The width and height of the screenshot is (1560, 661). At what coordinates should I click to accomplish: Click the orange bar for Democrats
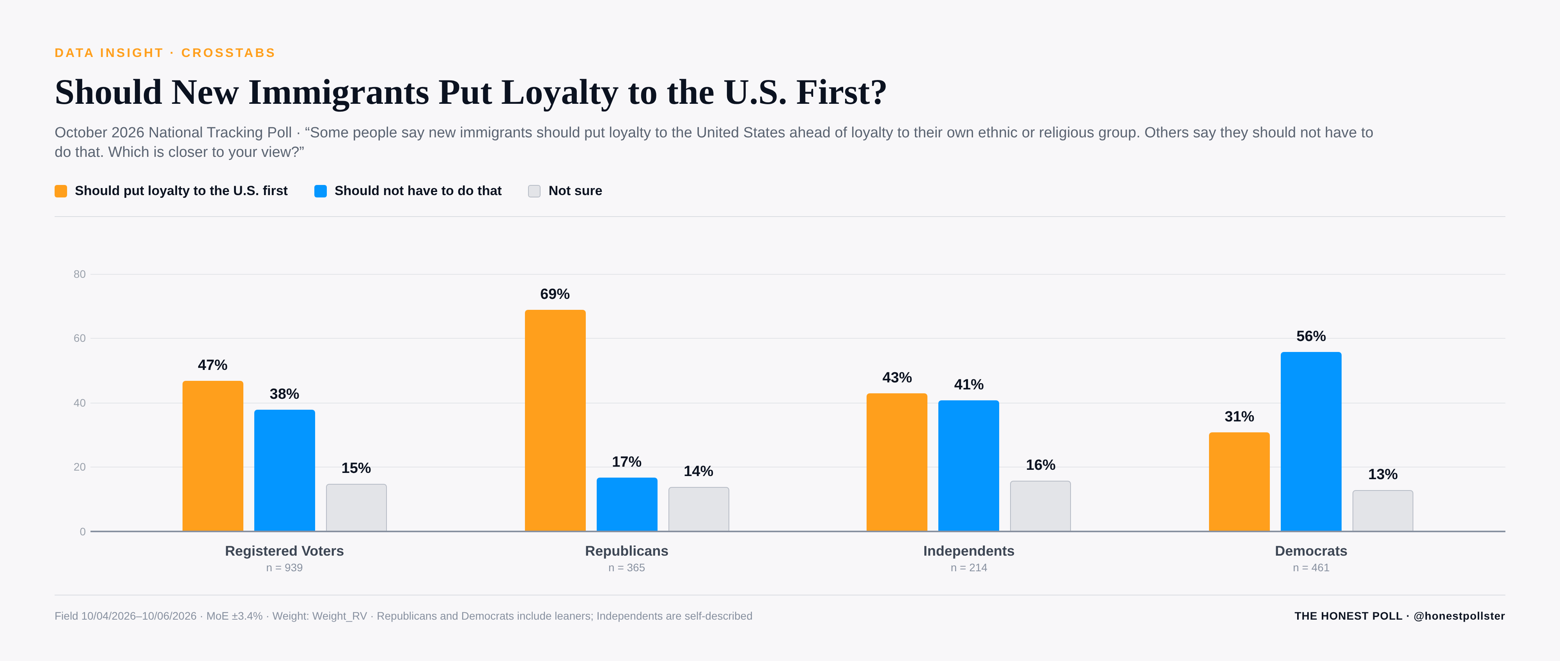[x=1239, y=482]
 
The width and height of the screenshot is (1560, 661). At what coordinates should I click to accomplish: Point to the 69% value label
[x=555, y=294]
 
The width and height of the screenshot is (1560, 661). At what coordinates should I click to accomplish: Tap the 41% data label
[x=968, y=385]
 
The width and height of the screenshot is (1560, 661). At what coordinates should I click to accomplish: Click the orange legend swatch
[x=60, y=191]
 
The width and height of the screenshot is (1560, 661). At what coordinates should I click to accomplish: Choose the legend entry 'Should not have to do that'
[x=418, y=191]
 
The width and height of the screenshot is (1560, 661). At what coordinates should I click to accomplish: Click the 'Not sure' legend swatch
[x=534, y=191]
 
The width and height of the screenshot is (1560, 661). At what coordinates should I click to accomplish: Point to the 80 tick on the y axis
[x=79, y=274]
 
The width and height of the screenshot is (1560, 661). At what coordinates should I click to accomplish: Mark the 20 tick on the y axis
[x=79, y=467]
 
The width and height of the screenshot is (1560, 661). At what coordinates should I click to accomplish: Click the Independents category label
[x=968, y=551]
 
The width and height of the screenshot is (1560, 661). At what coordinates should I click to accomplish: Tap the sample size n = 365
[x=626, y=568]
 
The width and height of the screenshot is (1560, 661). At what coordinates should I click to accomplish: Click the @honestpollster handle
[x=1459, y=616]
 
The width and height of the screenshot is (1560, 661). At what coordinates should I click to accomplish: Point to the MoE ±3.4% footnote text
[x=234, y=616]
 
